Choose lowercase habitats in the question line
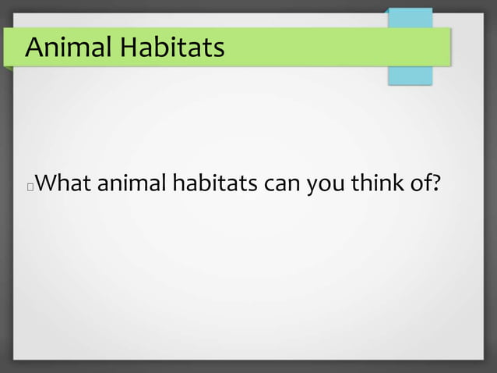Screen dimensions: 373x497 click(213, 185)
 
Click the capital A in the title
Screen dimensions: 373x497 click(34, 48)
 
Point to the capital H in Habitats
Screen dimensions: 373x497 click(128, 48)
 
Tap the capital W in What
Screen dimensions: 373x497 click(46, 185)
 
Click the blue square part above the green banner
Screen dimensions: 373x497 click(411, 18)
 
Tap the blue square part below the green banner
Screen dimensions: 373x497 click(411, 76)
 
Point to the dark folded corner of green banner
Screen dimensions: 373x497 click(7, 68)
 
